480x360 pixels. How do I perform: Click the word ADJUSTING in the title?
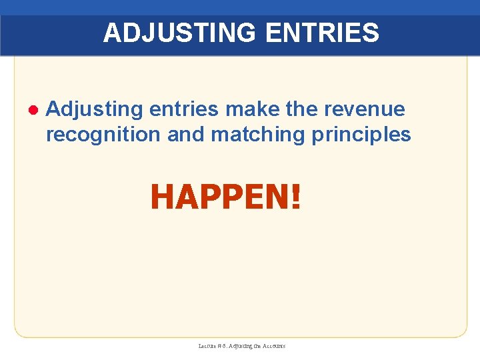(173, 33)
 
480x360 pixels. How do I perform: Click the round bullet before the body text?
(31, 109)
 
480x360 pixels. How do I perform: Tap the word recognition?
(103, 134)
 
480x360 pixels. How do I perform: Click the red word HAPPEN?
(219, 197)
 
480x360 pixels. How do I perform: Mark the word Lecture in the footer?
(207, 346)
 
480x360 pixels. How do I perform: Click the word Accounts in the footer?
(273, 346)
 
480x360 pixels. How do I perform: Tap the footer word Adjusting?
(239, 346)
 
